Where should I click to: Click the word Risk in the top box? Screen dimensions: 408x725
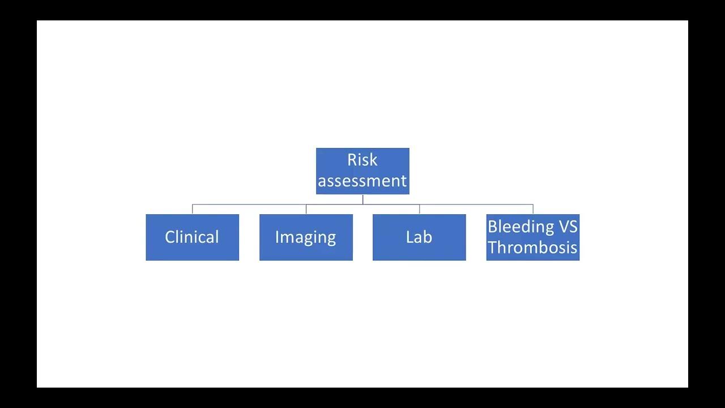point(362,160)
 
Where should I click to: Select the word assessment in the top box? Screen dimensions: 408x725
point(362,181)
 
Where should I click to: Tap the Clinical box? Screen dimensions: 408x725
point(192,237)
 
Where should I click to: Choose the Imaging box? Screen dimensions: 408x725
point(306,237)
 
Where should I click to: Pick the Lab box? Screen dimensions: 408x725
point(419,237)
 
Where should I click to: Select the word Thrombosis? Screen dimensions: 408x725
point(532,248)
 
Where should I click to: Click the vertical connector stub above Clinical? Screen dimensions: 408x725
point(193,209)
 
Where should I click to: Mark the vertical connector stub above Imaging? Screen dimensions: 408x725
point(306,209)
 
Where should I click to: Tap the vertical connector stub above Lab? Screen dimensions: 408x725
point(419,209)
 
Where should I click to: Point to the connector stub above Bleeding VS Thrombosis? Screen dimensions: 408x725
point(533,209)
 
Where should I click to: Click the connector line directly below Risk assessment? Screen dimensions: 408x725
point(362,199)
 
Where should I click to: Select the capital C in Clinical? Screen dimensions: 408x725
point(170,237)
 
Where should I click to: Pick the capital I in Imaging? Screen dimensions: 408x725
point(277,237)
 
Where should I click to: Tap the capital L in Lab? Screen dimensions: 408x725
point(410,237)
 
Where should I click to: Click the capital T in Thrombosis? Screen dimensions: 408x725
point(493,248)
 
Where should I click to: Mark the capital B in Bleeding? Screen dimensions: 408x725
point(493,227)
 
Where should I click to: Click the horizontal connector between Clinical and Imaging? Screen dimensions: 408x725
point(249,205)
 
